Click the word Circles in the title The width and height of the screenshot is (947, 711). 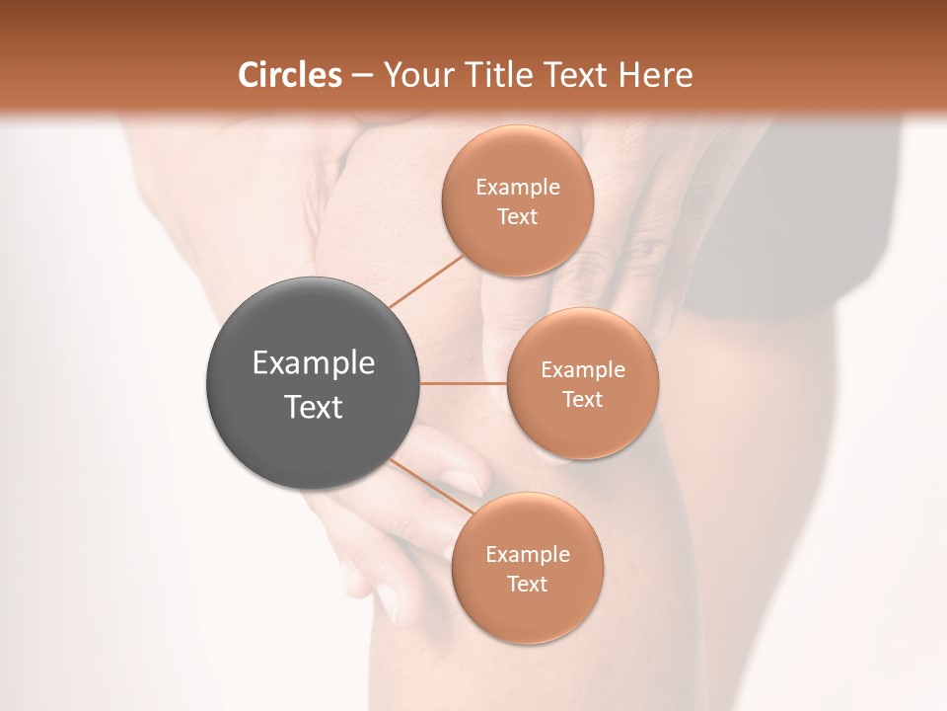290,75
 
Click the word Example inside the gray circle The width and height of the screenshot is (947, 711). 314,363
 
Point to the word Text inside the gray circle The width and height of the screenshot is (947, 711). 314,407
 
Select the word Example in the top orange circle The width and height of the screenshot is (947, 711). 518,188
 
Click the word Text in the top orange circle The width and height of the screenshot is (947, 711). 518,217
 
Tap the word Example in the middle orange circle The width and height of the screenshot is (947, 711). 583,370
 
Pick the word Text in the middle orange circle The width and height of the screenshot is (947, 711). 583,400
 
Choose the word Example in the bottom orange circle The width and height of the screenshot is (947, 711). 528,555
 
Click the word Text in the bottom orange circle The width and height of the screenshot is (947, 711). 528,585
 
